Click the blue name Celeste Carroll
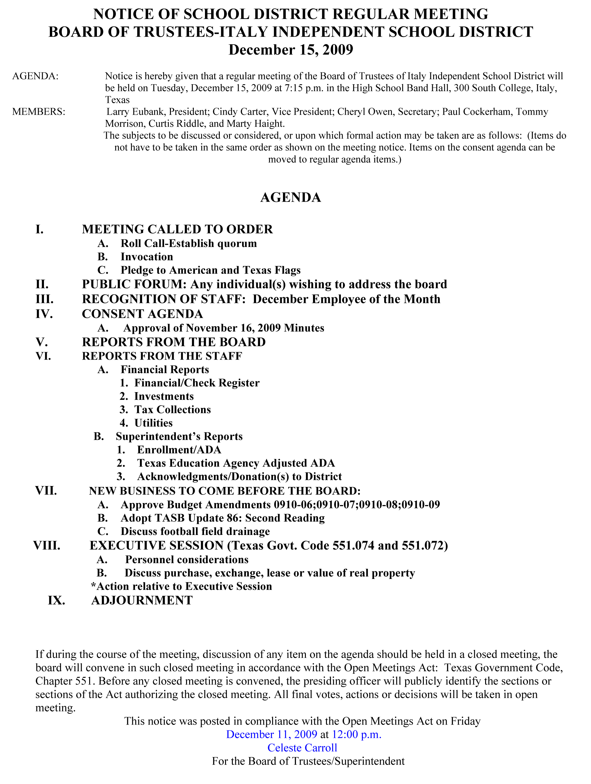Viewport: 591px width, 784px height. [x=302, y=747]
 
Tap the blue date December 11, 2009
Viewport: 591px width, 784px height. [x=272, y=734]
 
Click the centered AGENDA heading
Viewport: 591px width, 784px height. [x=290, y=197]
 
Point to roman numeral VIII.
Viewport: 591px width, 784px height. [x=47, y=545]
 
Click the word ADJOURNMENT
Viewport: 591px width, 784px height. [x=142, y=600]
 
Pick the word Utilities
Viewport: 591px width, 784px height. [x=154, y=423]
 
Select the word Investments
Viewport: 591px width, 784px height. [x=164, y=396]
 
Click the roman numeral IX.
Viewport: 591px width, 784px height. [x=56, y=600]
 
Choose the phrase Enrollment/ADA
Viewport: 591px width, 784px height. [x=179, y=450]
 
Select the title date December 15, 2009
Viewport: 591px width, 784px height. [x=290, y=50]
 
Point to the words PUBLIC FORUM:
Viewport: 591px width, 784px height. [x=134, y=284]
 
